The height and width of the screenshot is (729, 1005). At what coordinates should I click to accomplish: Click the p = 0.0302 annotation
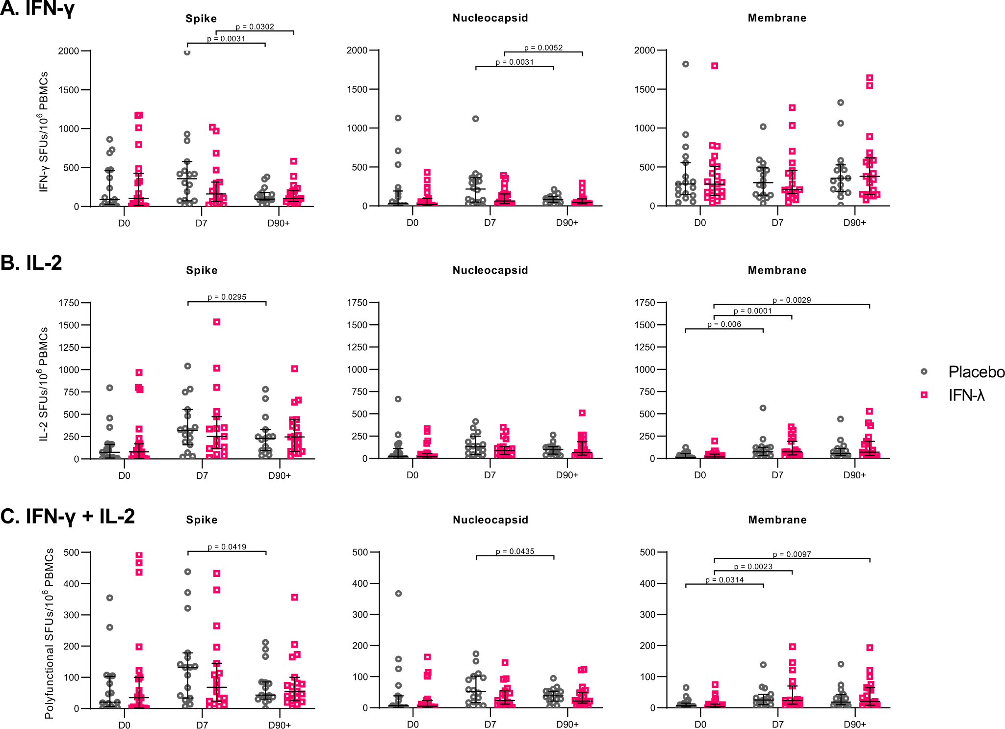pos(255,27)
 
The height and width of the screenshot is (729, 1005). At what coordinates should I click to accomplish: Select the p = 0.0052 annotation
pos(543,48)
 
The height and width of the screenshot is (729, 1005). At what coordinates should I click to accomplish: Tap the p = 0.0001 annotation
pos(752,311)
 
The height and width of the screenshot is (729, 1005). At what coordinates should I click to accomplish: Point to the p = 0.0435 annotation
pos(515,552)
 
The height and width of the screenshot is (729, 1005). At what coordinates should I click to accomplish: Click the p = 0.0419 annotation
pos(227,547)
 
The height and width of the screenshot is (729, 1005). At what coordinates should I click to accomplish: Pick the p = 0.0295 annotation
pos(227,297)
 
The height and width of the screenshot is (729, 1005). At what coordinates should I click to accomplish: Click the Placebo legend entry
pos(976,372)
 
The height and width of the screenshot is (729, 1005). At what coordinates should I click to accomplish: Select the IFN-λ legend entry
pos(966,395)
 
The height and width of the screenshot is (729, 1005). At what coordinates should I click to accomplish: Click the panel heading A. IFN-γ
pos(37,8)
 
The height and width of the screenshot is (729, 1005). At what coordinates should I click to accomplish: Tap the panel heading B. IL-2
pos(31,263)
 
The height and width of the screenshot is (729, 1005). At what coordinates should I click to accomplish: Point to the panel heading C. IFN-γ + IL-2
pos(68,517)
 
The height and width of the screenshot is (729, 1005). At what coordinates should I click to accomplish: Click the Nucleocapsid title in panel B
pos(490,270)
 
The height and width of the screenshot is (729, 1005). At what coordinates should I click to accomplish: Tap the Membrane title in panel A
pos(777,18)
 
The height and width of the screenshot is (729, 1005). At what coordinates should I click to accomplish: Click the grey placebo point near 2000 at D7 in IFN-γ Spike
pos(187,52)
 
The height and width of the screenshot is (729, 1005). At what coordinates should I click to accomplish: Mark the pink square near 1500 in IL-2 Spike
pos(217,322)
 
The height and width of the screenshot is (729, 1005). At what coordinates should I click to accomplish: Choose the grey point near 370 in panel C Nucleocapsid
pos(398,594)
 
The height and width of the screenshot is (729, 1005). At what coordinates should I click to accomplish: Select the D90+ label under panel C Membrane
pos(854,725)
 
